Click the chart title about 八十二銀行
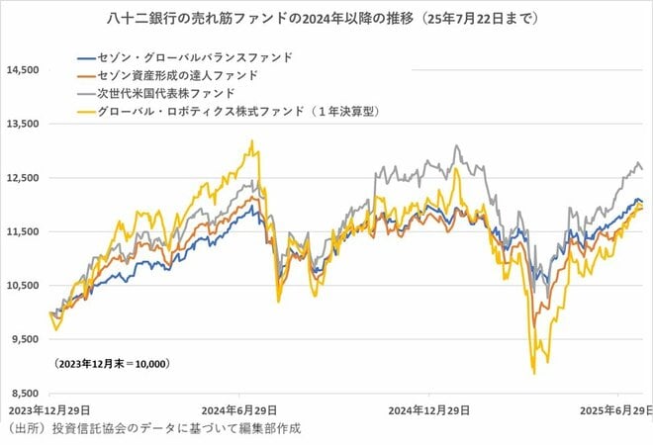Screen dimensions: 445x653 [x=327, y=18]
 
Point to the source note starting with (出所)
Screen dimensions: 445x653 [x=152, y=428]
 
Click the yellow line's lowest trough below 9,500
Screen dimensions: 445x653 [x=534, y=373]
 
